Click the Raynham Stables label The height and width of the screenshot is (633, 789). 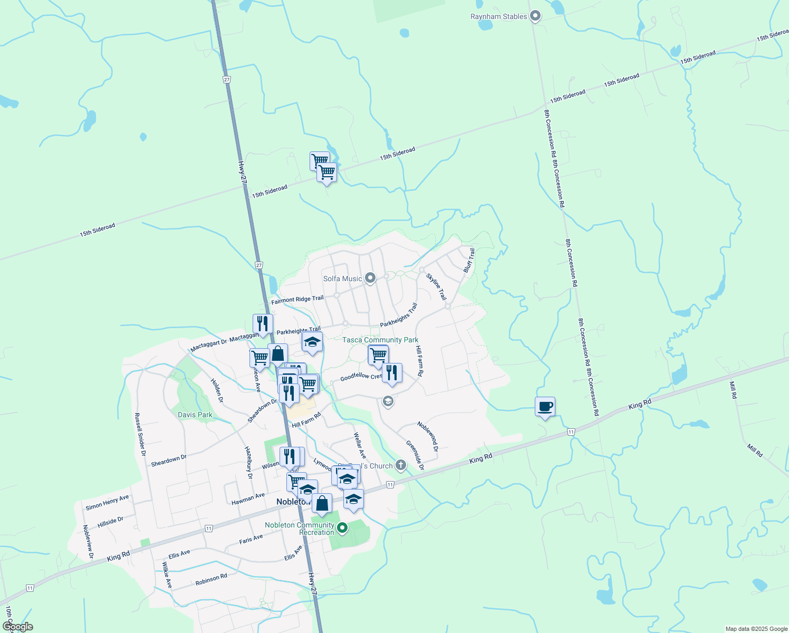tap(498, 17)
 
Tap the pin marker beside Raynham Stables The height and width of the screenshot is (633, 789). tap(535, 16)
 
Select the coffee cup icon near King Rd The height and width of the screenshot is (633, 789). tap(545, 407)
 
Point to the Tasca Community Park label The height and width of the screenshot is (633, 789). tap(380, 340)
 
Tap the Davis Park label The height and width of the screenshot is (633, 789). tap(195, 415)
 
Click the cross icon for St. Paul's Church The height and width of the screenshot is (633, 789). tap(401, 465)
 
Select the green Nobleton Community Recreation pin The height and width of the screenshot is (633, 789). tap(342, 527)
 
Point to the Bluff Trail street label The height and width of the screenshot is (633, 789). tap(469, 261)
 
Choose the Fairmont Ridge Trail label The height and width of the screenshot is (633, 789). tap(297, 300)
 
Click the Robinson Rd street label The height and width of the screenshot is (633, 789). tap(211, 579)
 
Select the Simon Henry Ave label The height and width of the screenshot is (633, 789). tap(107, 503)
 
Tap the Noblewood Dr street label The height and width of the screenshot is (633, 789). tap(427, 436)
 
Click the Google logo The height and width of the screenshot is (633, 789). tap(18, 627)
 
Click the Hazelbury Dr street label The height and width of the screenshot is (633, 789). tap(249, 462)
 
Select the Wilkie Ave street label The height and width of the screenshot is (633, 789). tap(167, 575)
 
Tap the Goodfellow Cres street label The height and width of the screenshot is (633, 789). tap(361, 377)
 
